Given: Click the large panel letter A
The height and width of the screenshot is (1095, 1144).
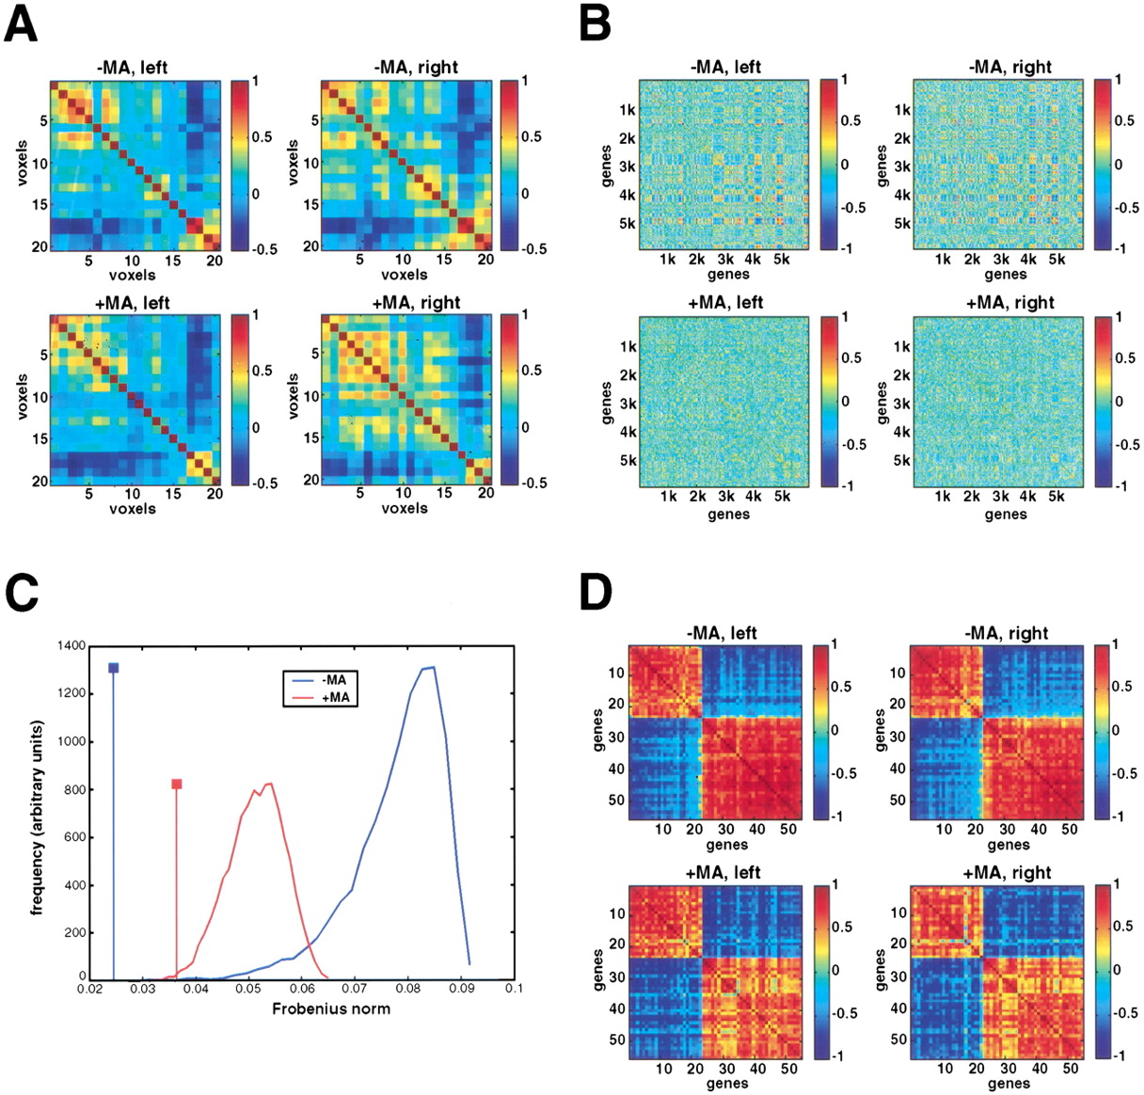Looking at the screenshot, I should tap(22, 24).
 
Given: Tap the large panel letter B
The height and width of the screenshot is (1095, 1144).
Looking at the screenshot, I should tap(595, 24).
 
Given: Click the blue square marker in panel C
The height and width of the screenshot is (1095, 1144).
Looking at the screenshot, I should tap(114, 668).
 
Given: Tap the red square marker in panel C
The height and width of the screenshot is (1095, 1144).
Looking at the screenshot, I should tap(176, 784).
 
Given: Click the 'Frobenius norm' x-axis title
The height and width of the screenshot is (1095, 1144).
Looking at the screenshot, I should tap(331, 1008).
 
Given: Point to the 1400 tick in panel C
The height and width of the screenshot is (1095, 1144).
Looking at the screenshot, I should tap(71, 645).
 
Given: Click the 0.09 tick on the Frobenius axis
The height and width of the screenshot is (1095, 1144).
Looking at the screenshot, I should tap(461, 989).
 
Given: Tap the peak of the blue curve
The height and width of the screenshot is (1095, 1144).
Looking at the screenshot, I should tap(432, 668).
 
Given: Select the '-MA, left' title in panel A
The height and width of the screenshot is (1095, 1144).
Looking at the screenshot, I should tap(132, 67).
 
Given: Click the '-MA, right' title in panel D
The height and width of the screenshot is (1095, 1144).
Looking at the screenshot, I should tap(1008, 633).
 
